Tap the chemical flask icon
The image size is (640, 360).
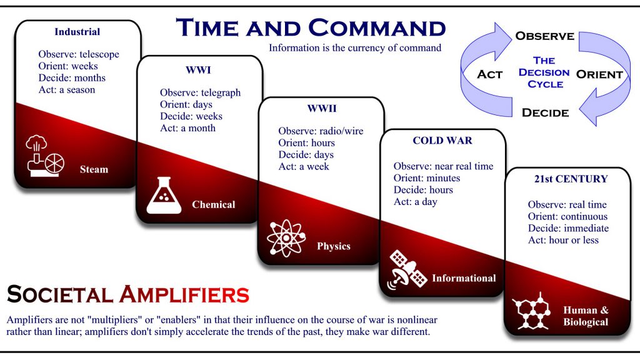164,195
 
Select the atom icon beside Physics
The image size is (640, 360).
286,238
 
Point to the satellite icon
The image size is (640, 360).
407,270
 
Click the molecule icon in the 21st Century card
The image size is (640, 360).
531,311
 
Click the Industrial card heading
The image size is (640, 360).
77,32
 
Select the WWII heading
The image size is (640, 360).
322,109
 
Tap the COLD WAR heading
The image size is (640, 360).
442,141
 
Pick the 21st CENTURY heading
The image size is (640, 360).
571,179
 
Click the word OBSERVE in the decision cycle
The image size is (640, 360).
545,36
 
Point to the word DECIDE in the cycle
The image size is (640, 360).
545,112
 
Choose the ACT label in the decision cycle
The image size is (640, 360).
490,74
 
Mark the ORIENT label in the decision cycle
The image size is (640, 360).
599,74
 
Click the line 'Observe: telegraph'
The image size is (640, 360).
201,92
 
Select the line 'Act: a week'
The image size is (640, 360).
304,166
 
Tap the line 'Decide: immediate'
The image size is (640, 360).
568,228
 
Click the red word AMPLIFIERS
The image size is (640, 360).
184,294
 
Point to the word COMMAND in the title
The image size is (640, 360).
377,28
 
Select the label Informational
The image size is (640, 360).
464,278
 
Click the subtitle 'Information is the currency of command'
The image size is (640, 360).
355,47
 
